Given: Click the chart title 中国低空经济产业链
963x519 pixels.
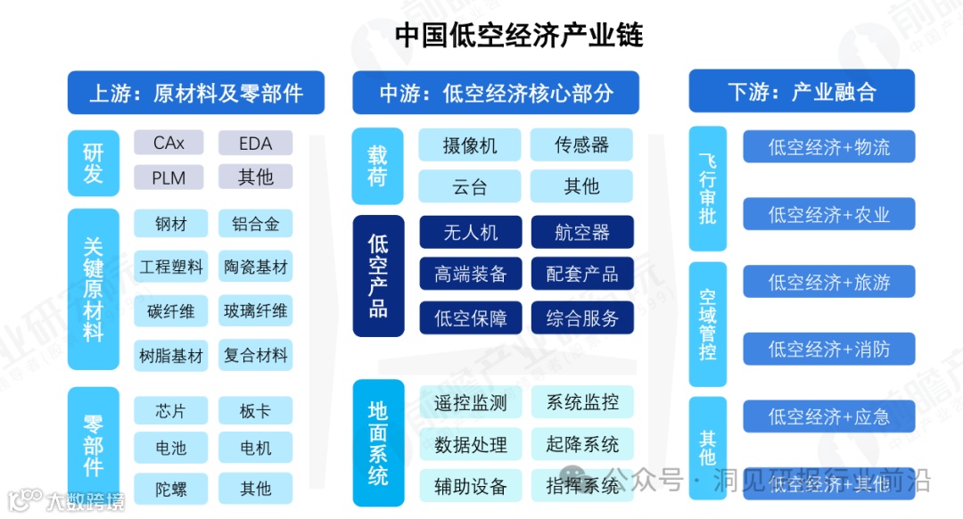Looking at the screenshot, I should point(518,36).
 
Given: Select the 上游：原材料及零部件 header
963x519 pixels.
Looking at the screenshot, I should point(196,93).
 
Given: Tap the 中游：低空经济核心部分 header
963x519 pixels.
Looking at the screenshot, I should point(496,93).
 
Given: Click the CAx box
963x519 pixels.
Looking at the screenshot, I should point(169,143).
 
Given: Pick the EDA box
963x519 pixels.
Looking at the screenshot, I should point(255,143).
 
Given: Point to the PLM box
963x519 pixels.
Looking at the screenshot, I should point(169,177).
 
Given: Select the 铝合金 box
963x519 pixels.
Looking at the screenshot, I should point(255,224).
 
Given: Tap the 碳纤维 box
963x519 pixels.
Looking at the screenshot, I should point(169,312).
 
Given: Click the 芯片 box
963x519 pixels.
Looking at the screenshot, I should point(169,411).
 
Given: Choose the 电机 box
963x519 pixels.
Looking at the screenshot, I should point(255,448).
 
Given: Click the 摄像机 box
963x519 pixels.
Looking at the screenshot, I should point(470,145).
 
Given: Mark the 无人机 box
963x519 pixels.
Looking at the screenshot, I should point(470,233).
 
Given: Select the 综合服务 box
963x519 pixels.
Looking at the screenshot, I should point(581,318).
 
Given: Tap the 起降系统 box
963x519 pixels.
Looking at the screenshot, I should point(581,444).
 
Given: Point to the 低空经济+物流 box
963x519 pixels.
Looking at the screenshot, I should point(829,147).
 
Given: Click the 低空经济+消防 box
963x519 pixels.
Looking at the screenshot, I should point(829,349).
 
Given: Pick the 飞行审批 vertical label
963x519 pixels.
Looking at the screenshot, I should point(708,188).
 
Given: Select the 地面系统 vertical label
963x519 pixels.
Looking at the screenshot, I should point(378,442).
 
